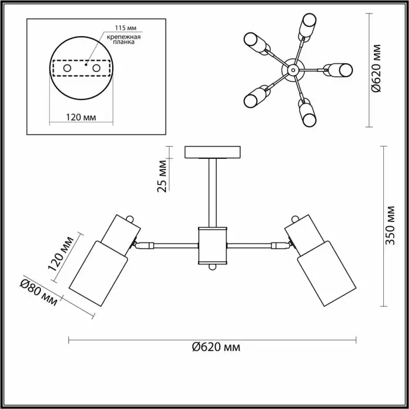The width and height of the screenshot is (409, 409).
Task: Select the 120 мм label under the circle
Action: (x=81, y=117)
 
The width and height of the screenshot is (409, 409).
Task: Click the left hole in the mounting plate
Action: (x=67, y=68)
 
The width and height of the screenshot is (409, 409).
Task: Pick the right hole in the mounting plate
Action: (x=95, y=68)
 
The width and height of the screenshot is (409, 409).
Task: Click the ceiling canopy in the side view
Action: (x=213, y=152)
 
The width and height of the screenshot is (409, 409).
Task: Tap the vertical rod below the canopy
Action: (x=212, y=193)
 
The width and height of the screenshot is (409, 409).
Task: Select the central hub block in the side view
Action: (x=212, y=245)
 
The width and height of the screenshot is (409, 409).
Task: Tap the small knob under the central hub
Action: (x=213, y=268)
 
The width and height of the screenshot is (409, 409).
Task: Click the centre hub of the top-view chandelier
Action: (x=292, y=71)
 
